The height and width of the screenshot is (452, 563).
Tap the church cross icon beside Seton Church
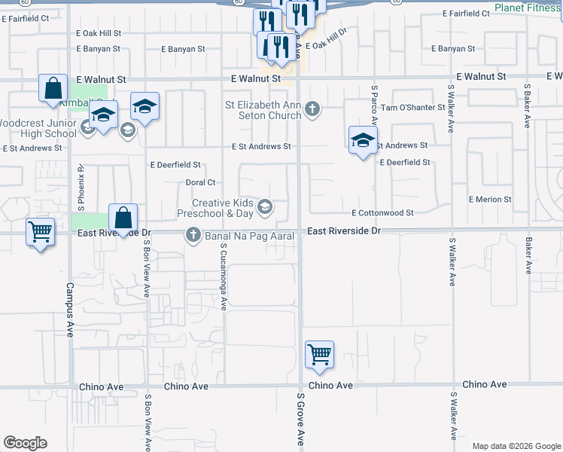coord(313,111)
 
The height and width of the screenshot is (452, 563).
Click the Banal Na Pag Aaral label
coord(248,237)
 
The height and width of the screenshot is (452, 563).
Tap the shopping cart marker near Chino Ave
coord(320,353)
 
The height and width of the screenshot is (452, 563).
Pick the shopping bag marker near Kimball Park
coord(53,88)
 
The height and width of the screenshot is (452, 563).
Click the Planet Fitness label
coord(528,9)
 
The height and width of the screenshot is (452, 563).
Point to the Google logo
coord(25,443)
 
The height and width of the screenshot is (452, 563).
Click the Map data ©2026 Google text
coord(516,446)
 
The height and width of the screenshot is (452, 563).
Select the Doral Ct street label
coord(201,182)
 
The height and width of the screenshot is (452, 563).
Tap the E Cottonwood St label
coord(382,213)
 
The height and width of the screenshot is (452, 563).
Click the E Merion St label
coord(489,200)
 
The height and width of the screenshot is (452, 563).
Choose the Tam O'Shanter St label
coord(413,108)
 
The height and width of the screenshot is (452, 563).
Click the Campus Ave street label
coord(69,309)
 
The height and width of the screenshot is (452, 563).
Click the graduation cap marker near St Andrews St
coord(363,140)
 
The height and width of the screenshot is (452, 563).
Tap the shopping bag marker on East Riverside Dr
coord(123,218)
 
